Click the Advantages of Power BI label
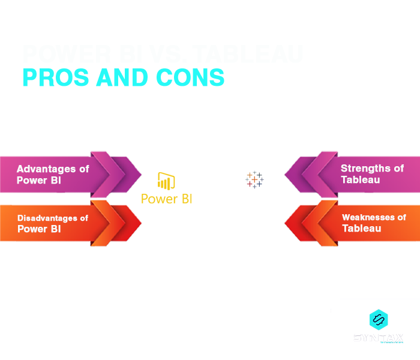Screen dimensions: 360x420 [53, 175]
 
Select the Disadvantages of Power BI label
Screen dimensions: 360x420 [53, 223]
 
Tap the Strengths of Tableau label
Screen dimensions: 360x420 [372, 174]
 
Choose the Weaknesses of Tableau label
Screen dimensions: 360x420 [373, 223]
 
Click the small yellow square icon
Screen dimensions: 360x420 [166, 181]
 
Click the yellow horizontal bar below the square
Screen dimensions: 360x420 [166, 199]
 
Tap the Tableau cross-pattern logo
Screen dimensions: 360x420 [254, 179]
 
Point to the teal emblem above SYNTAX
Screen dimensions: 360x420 [378, 318]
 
